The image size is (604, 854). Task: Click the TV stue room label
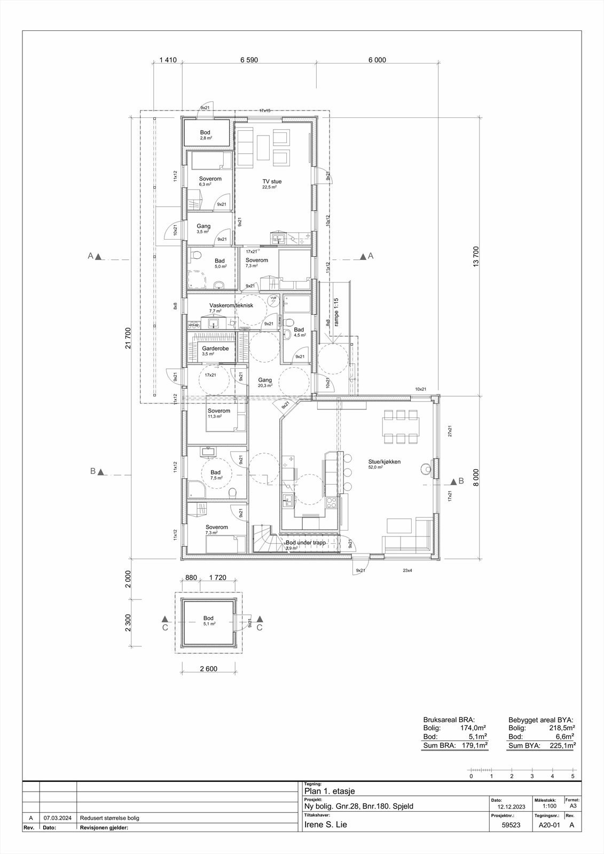pyautogui.click(x=271, y=181)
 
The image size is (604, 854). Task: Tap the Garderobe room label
pyautogui.click(x=215, y=348)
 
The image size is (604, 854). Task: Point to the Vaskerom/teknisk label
pyautogui.click(x=231, y=305)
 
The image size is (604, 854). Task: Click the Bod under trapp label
pyautogui.click(x=305, y=542)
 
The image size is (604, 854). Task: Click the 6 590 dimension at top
pyautogui.click(x=249, y=60)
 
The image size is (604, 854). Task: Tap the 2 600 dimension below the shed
pyautogui.click(x=208, y=669)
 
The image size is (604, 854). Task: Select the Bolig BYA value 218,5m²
pyautogui.click(x=562, y=728)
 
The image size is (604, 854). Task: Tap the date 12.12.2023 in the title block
pyautogui.click(x=511, y=806)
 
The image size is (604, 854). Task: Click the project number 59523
pyautogui.click(x=511, y=825)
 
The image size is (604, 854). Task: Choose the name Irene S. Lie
pyautogui.click(x=325, y=824)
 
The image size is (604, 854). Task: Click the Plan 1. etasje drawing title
pyautogui.click(x=329, y=791)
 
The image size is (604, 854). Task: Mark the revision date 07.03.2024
pyautogui.click(x=57, y=818)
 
